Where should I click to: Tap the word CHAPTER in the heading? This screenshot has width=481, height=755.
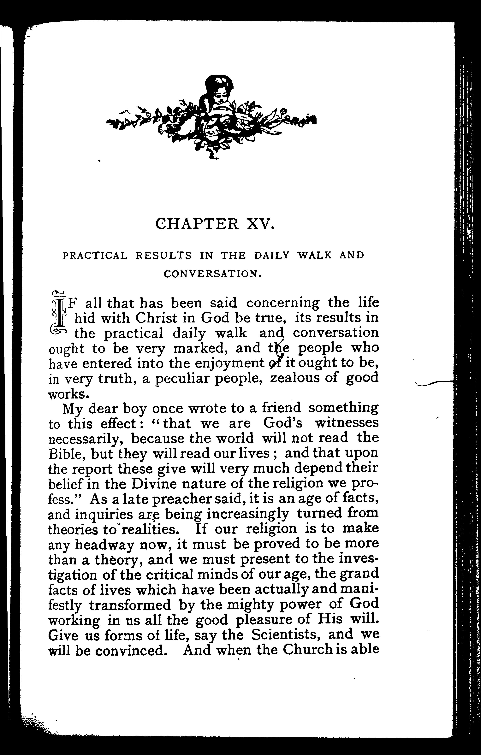pos(196,225)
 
